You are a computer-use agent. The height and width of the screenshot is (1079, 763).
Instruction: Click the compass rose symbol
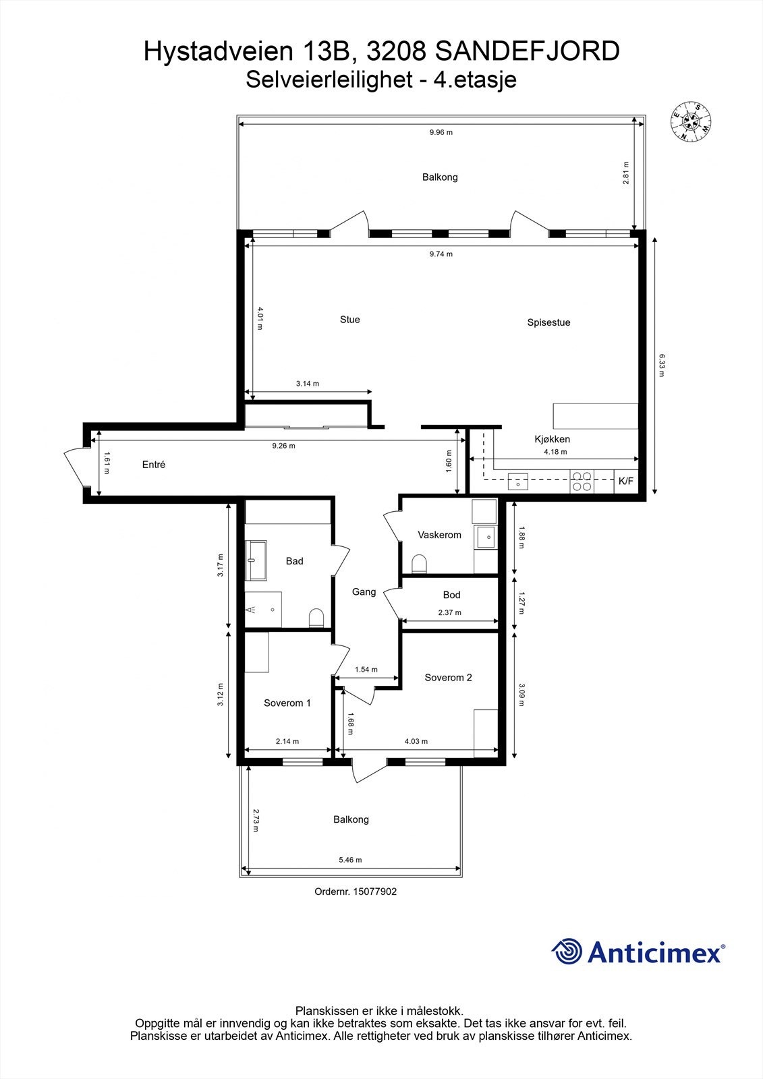(691, 121)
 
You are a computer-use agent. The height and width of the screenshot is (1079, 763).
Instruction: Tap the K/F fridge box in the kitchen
(626, 481)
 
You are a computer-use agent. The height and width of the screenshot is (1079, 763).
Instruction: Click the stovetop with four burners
(582, 481)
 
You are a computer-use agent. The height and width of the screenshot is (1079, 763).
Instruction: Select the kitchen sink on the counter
(518, 481)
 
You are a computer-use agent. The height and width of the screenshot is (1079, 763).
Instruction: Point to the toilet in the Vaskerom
(419, 563)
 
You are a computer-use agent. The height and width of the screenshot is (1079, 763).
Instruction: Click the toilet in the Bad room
(316, 617)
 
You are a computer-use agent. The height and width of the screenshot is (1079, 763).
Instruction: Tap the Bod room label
(451, 595)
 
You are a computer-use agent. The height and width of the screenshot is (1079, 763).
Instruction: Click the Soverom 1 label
(287, 703)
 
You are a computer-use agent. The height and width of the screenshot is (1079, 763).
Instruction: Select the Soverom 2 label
(448, 678)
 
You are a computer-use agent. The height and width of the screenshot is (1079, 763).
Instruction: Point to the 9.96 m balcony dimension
(441, 132)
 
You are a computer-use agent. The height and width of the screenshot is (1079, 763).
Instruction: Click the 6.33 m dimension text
(662, 365)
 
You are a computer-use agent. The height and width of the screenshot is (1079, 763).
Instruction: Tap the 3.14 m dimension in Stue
(307, 383)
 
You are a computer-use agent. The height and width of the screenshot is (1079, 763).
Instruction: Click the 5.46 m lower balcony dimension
(350, 860)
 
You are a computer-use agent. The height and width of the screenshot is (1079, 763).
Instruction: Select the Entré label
(154, 465)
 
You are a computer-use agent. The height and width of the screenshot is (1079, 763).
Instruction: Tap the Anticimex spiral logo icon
(567, 952)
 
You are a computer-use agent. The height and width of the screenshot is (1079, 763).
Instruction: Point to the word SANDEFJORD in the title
(528, 51)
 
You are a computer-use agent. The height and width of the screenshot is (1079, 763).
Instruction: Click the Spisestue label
(548, 322)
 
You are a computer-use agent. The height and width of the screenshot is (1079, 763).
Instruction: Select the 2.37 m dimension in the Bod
(449, 612)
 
